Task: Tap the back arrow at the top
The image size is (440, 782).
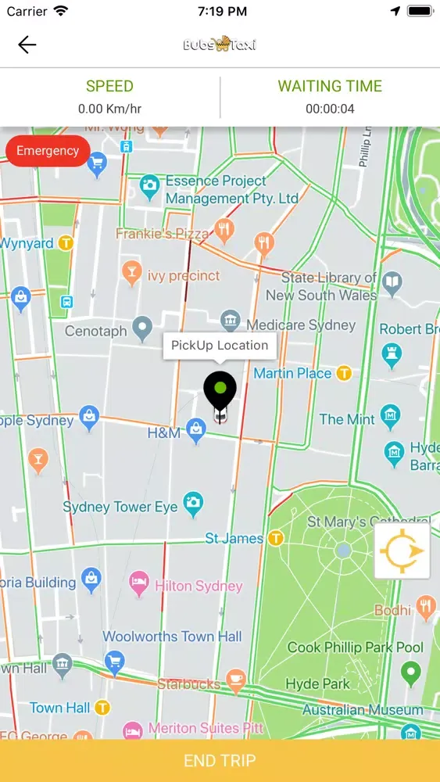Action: point(27,45)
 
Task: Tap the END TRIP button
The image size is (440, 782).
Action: point(220,760)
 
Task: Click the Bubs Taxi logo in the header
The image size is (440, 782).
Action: point(220,45)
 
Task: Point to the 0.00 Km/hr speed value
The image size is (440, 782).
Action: point(109,109)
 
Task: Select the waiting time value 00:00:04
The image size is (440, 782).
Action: point(330,109)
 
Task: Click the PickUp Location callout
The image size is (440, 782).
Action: point(220,345)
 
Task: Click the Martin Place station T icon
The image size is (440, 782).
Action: point(344,374)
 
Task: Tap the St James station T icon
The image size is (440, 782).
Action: point(275,538)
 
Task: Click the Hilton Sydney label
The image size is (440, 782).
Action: point(199,586)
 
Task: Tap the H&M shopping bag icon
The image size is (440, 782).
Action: point(195,429)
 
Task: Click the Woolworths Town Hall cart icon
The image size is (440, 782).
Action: point(115,661)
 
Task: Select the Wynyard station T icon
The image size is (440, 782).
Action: point(66,243)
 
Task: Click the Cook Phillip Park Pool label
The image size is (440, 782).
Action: point(356,647)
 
